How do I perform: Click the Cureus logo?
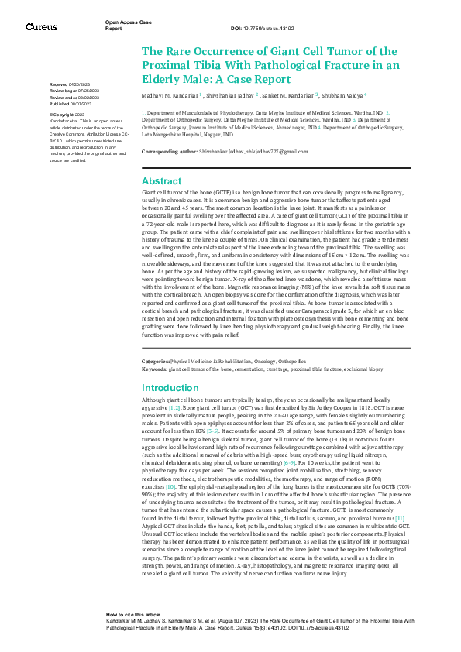tap(41, 27)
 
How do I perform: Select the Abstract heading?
tap(161, 180)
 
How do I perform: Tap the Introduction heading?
tap(170, 387)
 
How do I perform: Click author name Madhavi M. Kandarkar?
tap(168, 96)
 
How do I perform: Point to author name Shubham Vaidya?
tap(342, 96)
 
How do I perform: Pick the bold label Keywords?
tap(154, 369)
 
